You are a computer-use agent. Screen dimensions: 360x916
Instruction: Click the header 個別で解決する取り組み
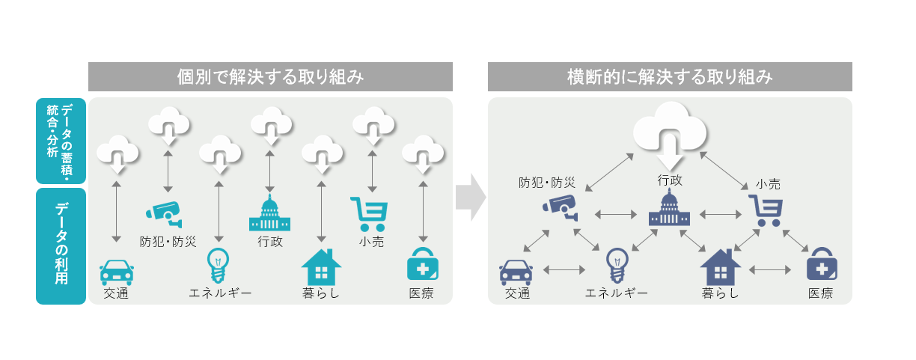[x=270, y=76]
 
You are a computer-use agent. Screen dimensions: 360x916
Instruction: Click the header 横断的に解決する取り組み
[x=670, y=76]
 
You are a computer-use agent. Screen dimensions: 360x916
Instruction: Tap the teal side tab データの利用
[x=61, y=245]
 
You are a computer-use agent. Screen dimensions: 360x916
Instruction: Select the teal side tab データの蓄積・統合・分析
[x=61, y=141]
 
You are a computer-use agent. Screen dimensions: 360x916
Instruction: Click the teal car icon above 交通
[x=117, y=272]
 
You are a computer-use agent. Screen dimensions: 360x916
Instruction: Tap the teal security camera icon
[x=164, y=213]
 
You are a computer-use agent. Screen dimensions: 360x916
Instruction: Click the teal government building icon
[x=269, y=214]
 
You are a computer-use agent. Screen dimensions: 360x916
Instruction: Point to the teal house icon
[x=321, y=266]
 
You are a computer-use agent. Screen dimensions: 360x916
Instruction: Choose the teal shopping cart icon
[x=369, y=214]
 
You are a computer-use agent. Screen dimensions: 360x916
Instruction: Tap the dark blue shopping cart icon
[x=767, y=211]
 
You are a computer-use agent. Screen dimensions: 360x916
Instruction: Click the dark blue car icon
[x=516, y=272]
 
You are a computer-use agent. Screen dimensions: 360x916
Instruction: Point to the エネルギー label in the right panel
[x=616, y=293]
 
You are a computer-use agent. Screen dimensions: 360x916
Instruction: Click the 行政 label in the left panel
[x=269, y=242]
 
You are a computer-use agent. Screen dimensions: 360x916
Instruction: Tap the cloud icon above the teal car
[x=117, y=153]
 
